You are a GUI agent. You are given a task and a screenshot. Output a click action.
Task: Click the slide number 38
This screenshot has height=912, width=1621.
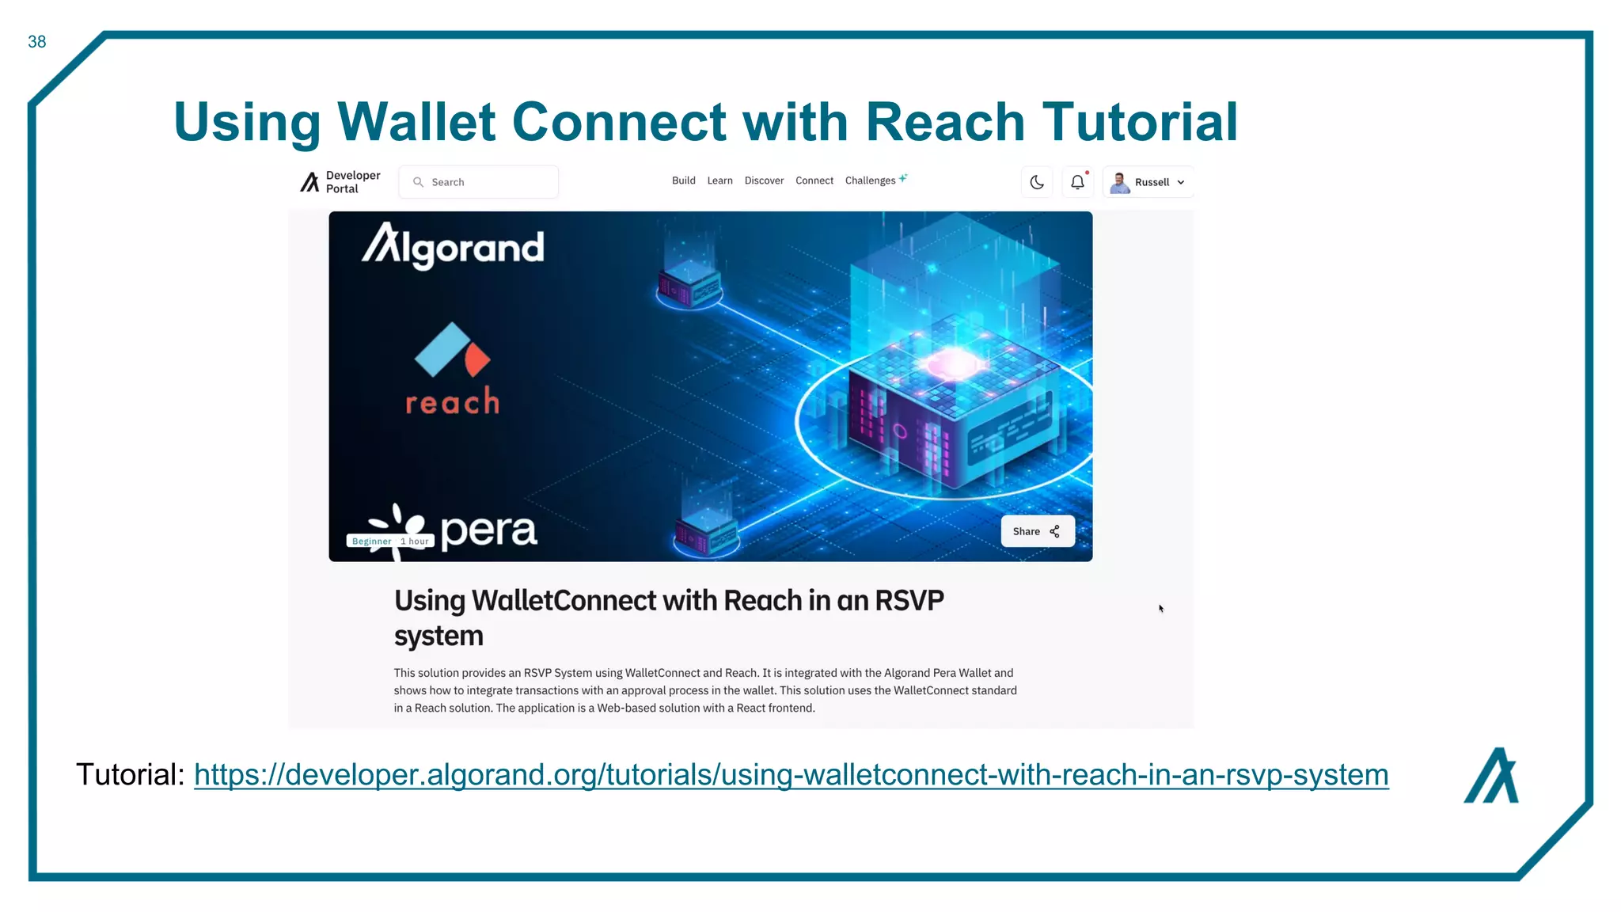point(36,42)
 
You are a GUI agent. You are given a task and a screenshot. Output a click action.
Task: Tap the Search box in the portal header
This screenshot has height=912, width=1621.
point(479,182)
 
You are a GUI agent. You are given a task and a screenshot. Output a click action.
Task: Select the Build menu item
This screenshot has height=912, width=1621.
point(683,180)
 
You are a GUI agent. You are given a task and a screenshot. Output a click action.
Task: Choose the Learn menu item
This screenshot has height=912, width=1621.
point(719,180)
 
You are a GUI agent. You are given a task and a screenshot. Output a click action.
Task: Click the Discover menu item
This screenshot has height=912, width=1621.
point(764,180)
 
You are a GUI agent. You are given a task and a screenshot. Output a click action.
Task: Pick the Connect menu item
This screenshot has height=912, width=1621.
point(814,180)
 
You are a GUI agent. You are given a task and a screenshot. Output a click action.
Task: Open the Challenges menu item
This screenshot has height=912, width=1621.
point(870,180)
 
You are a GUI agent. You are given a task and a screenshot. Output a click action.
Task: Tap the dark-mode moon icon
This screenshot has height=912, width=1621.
point(1037,182)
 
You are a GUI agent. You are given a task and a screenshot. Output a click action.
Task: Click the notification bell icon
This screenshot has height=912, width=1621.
point(1077,182)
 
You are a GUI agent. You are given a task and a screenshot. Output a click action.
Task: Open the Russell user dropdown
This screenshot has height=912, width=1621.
point(1148,182)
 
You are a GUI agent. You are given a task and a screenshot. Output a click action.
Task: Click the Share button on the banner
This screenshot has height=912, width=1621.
point(1037,531)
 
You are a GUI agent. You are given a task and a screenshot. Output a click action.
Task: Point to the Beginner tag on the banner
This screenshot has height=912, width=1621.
point(371,541)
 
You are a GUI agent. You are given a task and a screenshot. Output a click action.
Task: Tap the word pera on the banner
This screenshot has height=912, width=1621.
point(488,530)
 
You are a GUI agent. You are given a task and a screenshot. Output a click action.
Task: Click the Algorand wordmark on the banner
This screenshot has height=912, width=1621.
point(453,247)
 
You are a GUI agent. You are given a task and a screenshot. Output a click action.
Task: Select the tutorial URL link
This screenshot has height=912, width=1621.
point(791,774)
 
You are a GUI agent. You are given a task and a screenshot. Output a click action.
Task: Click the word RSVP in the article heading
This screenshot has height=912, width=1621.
point(909,601)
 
